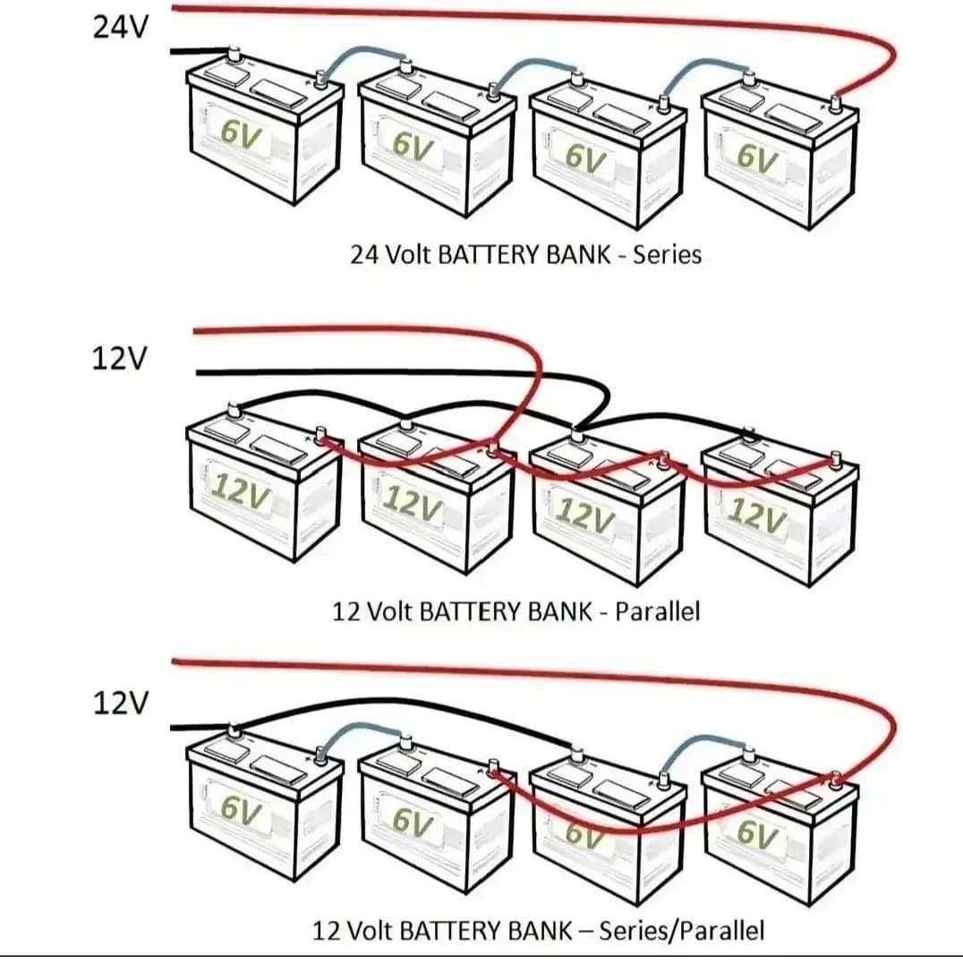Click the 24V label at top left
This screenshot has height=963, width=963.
pos(122,28)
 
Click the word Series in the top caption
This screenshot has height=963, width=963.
pos(667,254)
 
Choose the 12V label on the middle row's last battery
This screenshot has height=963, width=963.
pos(757,511)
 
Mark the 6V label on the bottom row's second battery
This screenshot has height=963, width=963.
pos(413,818)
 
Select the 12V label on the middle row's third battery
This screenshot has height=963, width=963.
pos(584,513)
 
